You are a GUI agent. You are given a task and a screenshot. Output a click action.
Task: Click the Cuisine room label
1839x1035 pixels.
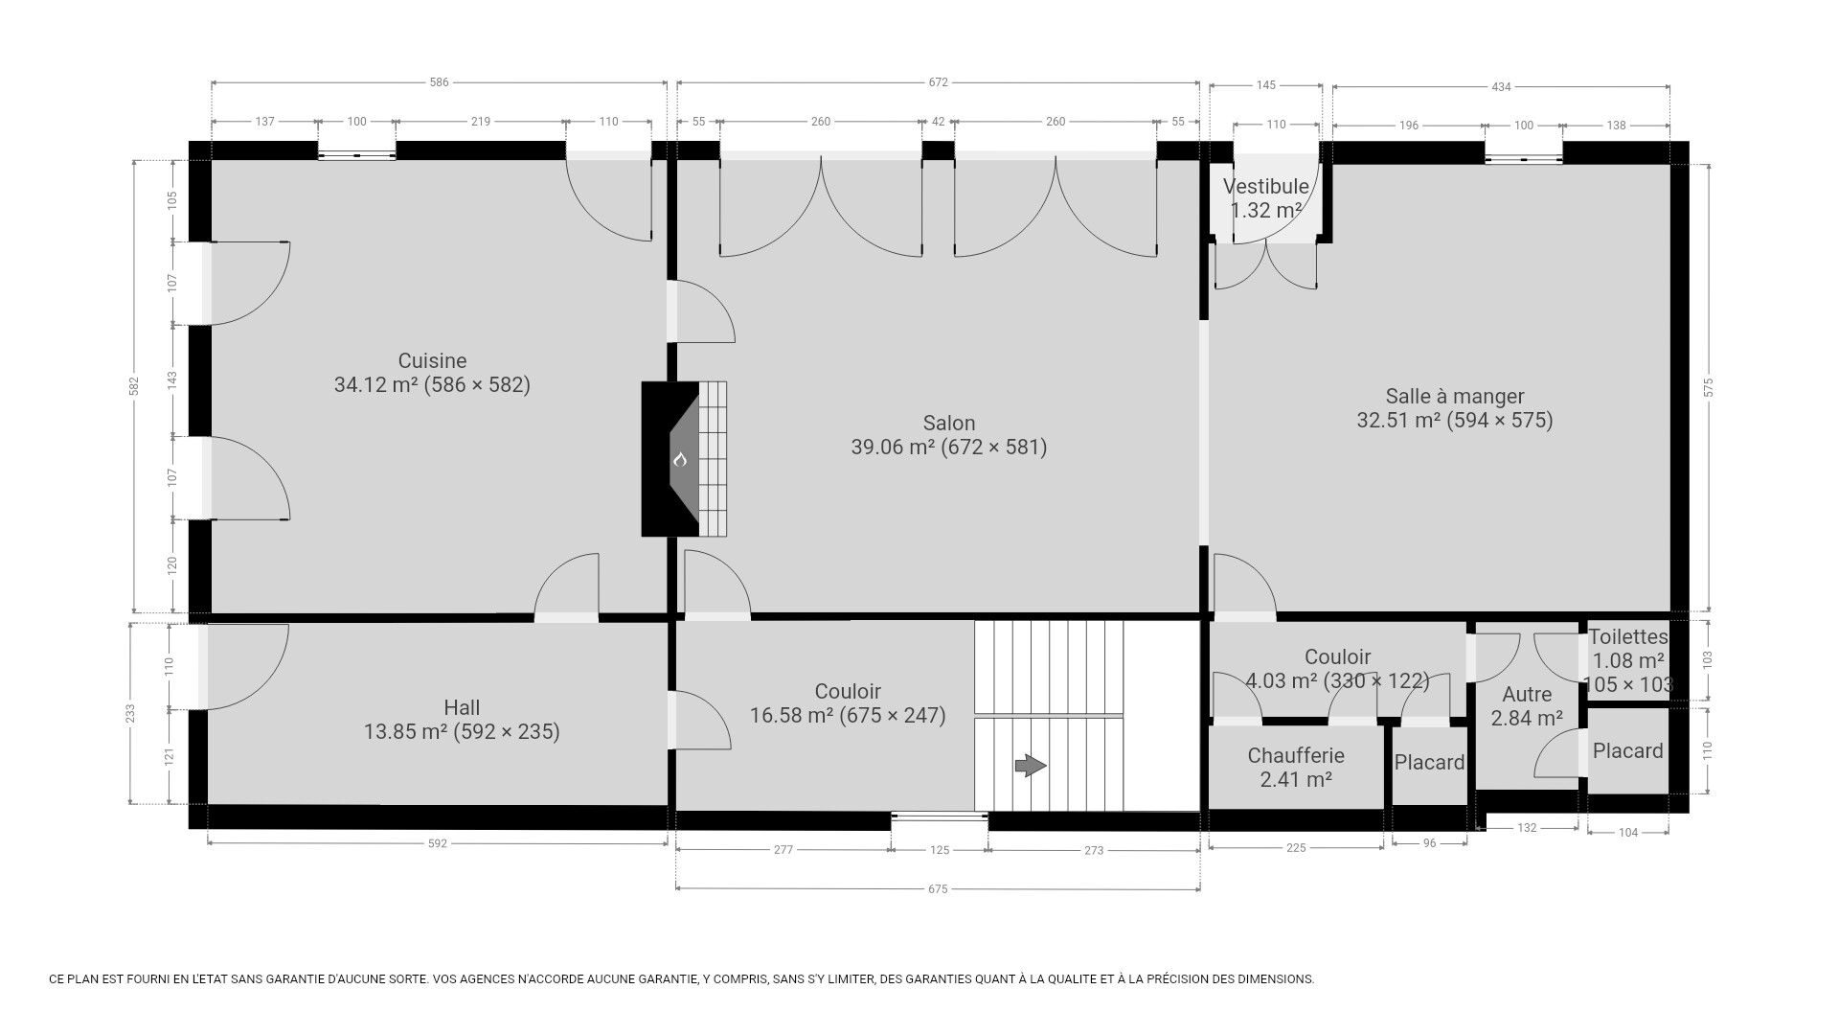pos(432,361)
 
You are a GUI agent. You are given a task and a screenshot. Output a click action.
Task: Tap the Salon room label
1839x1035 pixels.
pos(949,424)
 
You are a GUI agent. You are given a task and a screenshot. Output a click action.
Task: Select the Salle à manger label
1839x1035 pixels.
pos(1455,397)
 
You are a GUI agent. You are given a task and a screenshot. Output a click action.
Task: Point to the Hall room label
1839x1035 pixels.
pos(462,708)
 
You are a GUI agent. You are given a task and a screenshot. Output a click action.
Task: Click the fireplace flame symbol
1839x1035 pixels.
pos(680,460)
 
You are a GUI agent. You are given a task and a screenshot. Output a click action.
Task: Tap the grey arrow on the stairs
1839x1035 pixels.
pos(1031,766)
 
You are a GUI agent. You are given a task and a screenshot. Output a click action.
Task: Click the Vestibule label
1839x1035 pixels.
pos(1266,187)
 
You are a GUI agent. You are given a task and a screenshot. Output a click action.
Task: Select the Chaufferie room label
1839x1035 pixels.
pos(1296,756)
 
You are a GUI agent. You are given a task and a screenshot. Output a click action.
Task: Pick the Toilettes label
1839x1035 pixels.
pos(1628,636)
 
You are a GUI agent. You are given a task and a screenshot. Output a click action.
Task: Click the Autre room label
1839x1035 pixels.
pos(1527,695)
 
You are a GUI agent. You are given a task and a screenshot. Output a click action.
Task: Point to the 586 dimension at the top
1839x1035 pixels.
pos(439,82)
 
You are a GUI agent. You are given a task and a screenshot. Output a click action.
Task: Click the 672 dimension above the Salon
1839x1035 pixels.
pos(938,82)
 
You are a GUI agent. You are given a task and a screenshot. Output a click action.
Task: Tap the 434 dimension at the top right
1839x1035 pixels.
pos(1501,87)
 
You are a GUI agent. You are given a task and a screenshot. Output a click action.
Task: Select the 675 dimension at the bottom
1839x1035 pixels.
pos(938,889)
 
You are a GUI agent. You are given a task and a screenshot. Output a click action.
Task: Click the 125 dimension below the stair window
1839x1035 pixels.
pos(940,850)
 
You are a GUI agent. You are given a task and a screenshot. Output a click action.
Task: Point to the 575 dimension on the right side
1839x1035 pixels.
pos(1709,388)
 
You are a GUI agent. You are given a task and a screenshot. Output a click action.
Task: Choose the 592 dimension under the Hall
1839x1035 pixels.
pos(438,844)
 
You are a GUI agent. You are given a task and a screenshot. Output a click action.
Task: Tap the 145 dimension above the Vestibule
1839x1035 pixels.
pos(1265,85)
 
